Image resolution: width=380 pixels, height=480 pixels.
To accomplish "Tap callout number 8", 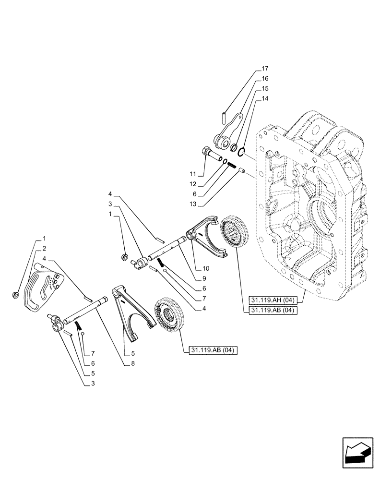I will click(132, 364).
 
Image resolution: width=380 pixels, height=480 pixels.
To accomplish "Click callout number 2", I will click(44, 249).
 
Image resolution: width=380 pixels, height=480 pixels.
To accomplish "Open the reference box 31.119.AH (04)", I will click(273, 301).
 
